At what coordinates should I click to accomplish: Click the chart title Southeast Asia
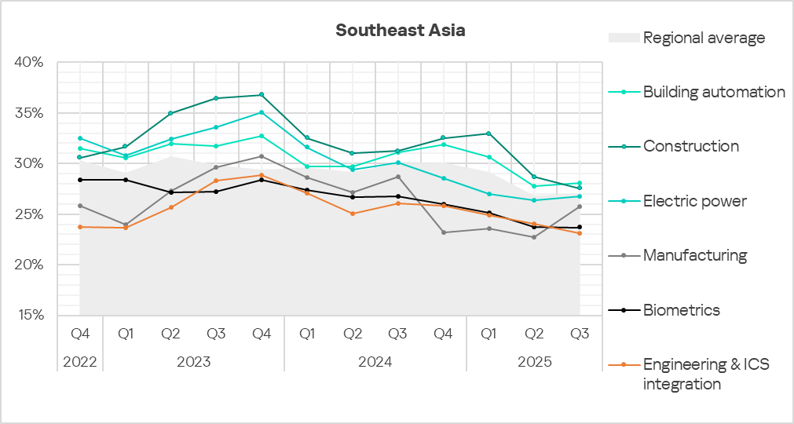click(400, 31)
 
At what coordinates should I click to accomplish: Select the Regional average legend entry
click(704, 38)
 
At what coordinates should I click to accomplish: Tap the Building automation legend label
click(714, 92)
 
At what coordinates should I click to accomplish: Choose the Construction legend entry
click(690, 146)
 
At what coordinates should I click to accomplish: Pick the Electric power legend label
click(694, 201)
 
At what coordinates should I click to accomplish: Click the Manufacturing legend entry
click(694, 255)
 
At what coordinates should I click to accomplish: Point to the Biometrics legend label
click(681, 310)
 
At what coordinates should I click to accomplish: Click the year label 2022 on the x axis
click(79, 362)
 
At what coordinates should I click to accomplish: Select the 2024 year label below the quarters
click(375, 362)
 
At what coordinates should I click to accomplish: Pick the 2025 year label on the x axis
click(535, 362)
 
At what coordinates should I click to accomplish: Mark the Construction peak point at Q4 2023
click(262, 95)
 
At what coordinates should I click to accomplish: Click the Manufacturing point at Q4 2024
click(444, 232)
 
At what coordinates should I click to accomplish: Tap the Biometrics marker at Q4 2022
click(79, 180)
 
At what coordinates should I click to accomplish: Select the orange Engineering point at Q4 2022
click(79, 227)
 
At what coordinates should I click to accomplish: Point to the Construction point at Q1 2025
click(488, 133)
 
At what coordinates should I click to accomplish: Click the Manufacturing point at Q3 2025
click(580, 207)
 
